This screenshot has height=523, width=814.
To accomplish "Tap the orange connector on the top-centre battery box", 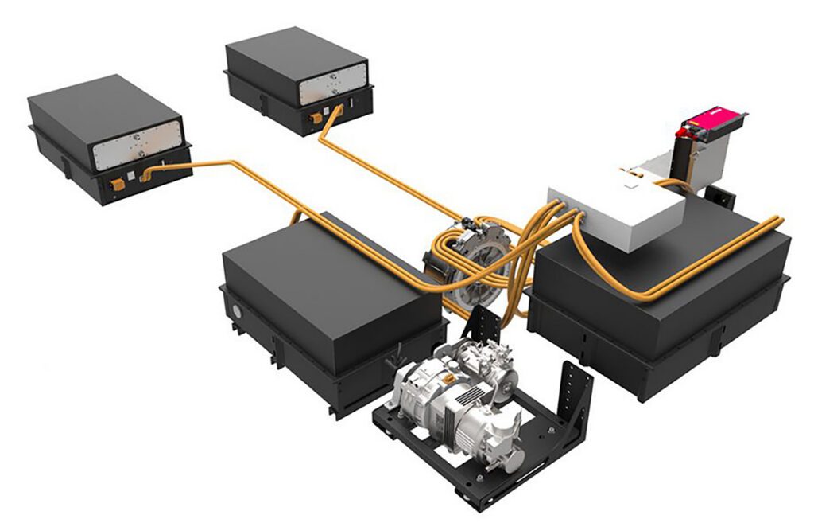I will tap(317, 117).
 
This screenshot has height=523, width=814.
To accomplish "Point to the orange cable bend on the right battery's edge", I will tap(775, 221).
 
